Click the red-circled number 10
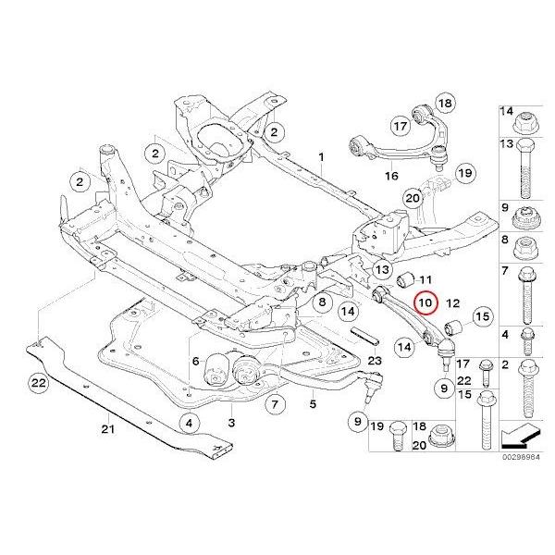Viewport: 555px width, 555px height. point(425,302)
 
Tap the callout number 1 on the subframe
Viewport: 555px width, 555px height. point(322,158)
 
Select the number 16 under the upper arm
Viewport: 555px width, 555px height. point(391,175)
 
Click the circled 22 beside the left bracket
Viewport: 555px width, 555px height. point(38,381)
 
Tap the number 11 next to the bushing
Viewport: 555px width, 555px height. point(427,278)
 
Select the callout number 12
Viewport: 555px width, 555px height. point(453,302)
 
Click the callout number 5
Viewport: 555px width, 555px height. point(313,403)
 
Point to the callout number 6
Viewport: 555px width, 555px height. point(195,360)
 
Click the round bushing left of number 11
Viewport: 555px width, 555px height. point(404,279)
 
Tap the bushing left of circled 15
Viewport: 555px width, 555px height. point(455,327)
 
